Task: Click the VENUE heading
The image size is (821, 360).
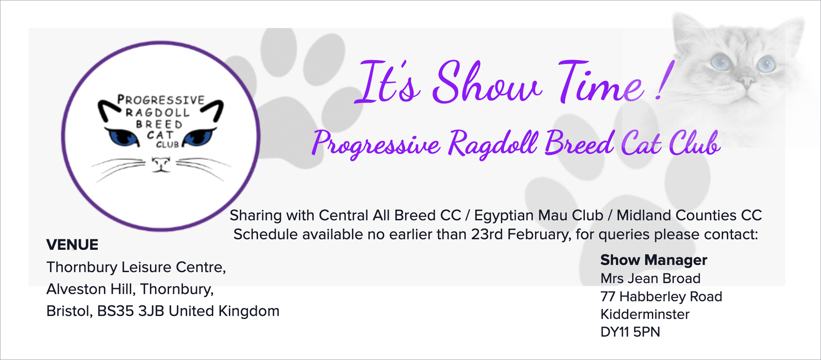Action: point(72,245)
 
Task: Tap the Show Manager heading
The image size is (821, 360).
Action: point(654,260)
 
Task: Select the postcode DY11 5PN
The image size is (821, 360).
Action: point(630,332)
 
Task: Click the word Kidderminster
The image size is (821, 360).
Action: point(645,314)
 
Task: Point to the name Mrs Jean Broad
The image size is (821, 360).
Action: point(650,279)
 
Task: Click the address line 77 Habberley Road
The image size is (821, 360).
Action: point(661,297)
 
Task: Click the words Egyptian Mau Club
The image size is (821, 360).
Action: point(539,216)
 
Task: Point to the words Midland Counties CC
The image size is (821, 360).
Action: point(689,216)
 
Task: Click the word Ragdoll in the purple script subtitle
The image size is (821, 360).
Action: point(493,143)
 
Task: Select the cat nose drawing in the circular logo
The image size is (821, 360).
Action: point(161,164)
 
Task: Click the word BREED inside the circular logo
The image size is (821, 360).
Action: point(159,124)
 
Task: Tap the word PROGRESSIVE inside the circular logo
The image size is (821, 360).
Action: point(161,100)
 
